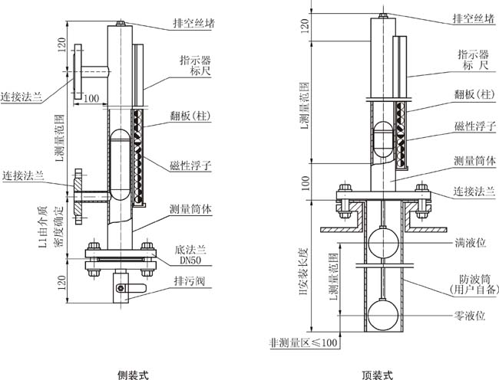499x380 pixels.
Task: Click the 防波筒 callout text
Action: [x=470, y=280]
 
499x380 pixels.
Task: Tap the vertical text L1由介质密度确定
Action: [x=48, y=226]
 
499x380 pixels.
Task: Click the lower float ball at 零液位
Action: [x=382, y=313]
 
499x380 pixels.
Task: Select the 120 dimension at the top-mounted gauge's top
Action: [x=305, y=29]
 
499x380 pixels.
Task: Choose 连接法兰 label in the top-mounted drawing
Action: [x=471, y=191]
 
